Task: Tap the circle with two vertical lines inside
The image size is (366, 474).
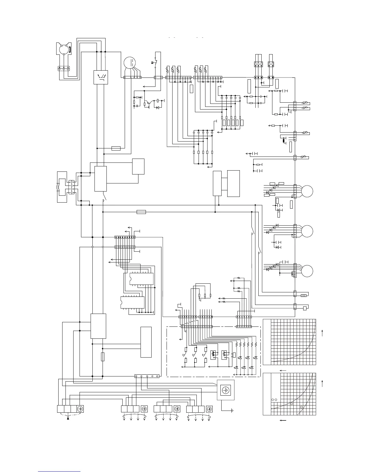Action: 130,63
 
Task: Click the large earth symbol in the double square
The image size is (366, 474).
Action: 225,390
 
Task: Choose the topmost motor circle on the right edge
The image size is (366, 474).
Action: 307,191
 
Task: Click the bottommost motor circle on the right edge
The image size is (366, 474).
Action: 307,271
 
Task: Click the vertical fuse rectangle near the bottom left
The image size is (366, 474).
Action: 103,357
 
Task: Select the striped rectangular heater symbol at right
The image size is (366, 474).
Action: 304,296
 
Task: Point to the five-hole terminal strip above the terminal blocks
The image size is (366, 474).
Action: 147,376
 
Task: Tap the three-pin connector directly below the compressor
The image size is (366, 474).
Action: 64,68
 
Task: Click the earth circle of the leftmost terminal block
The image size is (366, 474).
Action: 80,409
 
